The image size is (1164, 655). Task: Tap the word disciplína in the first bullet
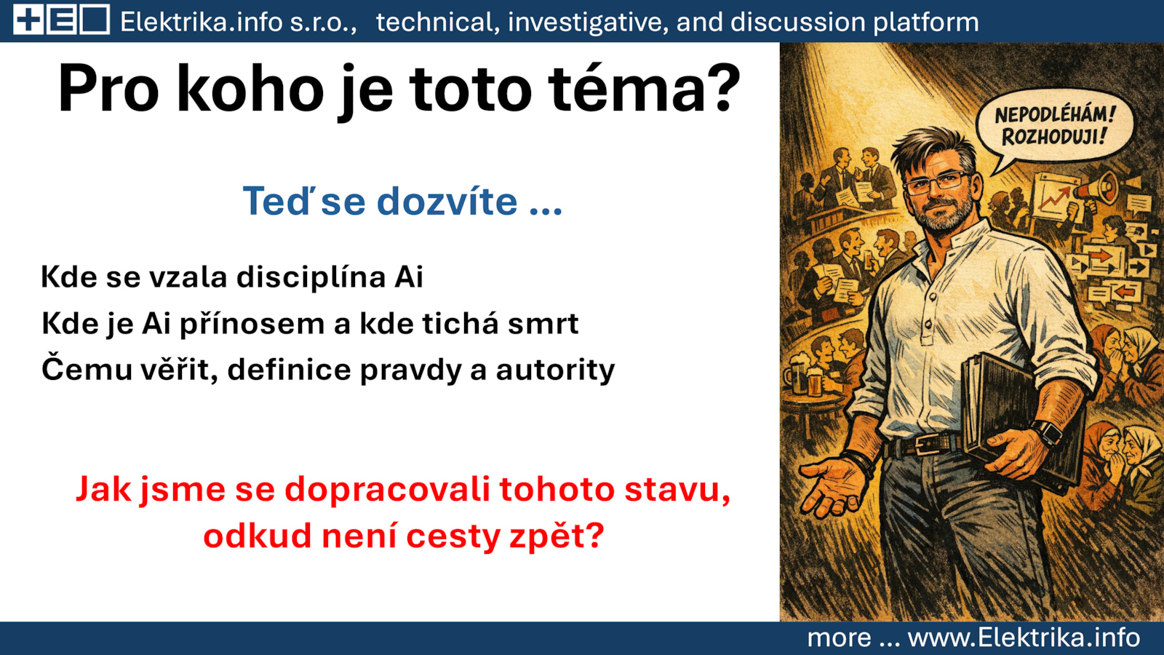[311, 277]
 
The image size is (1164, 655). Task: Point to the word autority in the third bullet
[555, 370]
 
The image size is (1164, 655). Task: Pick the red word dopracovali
[387, 490]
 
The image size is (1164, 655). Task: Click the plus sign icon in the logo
[29, 21]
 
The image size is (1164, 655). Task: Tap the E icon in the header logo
[63, 21]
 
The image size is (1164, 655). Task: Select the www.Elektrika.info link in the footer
[1024, 638]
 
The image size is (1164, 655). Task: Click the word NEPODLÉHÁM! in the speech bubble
[1055, 115]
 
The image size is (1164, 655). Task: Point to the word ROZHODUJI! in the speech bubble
[1055, 137]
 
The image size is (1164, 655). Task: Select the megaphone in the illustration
[1094, 188]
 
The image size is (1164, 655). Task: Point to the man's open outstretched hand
[832, 486]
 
